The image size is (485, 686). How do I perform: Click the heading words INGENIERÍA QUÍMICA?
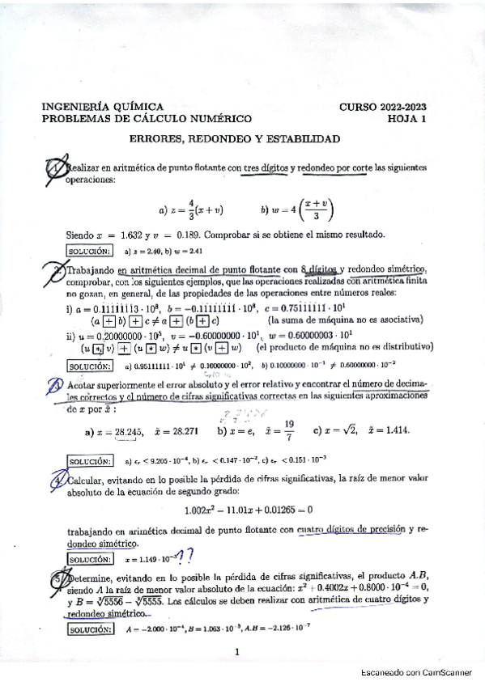click(102, 107)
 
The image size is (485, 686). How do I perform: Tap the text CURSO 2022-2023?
click(383, 107)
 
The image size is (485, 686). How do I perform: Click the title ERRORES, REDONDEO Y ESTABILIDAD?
click(235, 138)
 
